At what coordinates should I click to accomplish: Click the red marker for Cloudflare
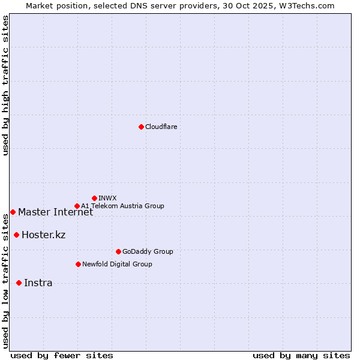(x=141, y=127)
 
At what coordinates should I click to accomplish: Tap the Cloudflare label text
(x=161, y=127)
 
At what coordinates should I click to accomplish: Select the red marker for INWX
(x=94, y=198)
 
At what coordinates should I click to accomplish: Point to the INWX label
(x=107, y=199)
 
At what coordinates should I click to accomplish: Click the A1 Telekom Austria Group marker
(x=77, y=206)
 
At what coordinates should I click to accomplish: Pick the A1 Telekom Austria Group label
(x=122, y=206)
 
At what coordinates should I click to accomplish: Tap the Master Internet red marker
(x=13, y=212)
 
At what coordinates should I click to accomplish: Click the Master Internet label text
(x=55, y=212)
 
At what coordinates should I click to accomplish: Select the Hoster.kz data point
(x=16, y=235)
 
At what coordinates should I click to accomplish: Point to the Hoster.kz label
(x=43, y=235)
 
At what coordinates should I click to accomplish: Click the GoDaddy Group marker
(x=118, y=251)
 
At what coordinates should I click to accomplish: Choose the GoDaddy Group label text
(x=148, y=252)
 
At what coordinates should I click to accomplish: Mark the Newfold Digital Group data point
(x=78, y=264)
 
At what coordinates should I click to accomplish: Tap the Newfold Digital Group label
(x=117, y=265)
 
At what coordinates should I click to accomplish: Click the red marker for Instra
(x=19, y=283)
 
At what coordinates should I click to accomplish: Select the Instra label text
(x=38, y=283)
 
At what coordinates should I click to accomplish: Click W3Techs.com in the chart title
(x=310, y=5)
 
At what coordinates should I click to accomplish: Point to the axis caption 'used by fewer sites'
(x=62, y=356)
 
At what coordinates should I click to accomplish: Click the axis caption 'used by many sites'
(x=301, y=356)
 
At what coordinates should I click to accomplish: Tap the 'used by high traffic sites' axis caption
(x=6, y=85)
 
